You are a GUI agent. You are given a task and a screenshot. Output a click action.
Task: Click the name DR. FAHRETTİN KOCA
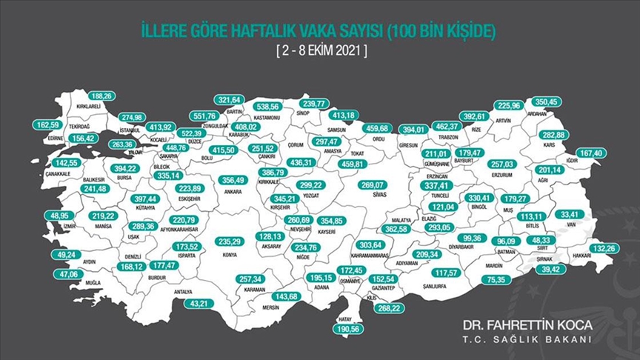tap(527, 325)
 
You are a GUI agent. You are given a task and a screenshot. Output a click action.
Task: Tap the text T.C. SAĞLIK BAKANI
tap(527, 340)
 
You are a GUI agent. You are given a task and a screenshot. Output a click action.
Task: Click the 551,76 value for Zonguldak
tap(204, 116)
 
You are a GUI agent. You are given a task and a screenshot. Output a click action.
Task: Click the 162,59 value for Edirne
tap(49, 125)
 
